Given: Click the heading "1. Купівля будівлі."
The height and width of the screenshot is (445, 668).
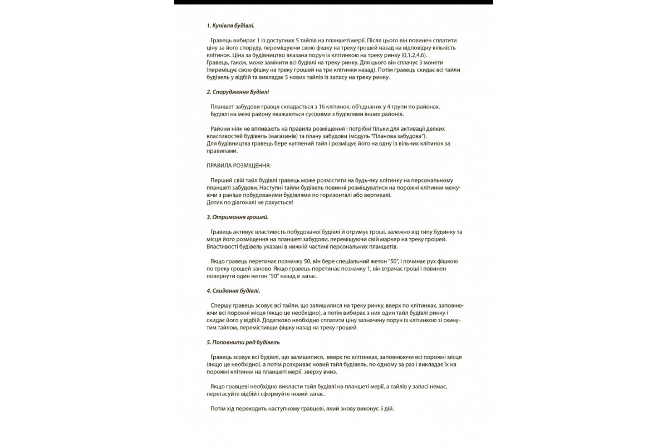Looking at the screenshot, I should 230,26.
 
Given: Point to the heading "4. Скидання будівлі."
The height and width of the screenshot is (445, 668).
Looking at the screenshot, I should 233,291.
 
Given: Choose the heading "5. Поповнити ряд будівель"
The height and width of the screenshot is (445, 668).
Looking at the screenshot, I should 243,342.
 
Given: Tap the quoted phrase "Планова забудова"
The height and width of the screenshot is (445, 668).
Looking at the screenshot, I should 399,136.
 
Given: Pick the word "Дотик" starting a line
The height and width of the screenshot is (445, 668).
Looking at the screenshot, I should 215,202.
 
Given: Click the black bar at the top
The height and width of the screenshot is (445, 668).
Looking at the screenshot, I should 333,2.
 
